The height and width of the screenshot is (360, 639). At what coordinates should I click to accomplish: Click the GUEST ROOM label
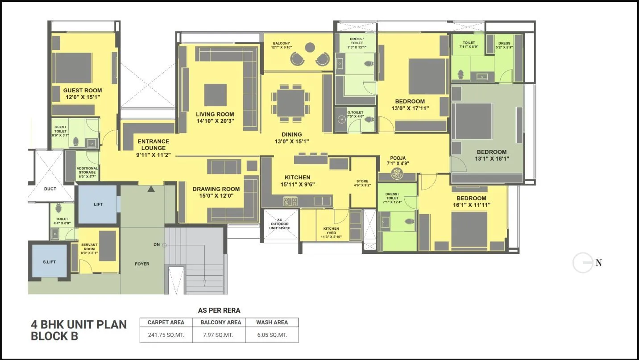tap(82, 91)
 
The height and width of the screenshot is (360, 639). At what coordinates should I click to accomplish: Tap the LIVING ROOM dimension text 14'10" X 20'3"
tap(215, 121)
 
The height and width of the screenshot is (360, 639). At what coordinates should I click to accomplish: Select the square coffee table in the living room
tap(215, 95)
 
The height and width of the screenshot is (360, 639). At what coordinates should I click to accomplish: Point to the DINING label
tap(291, 134)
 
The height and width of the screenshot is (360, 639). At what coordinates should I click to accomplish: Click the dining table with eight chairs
tap(290, 103)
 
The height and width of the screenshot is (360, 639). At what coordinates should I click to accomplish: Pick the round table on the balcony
tap(310, 47)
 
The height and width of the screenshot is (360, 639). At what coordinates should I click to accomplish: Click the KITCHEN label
tap(297, 177)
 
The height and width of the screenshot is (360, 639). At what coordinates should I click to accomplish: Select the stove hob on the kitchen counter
tap(290, 201)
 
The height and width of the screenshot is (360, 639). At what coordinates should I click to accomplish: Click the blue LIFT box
tap(98, 204)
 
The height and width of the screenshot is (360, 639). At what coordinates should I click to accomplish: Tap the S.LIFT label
tap(49, 262)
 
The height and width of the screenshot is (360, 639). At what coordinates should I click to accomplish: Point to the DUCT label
tap(50, 189)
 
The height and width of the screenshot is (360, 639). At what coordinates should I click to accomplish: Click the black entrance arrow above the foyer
tap(151, 189)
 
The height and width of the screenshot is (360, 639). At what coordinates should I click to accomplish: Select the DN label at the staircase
tap(156, 244)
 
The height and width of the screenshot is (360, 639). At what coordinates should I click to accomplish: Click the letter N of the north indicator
tap(599, 263)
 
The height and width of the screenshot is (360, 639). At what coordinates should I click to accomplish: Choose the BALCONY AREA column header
tap(220, 322)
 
